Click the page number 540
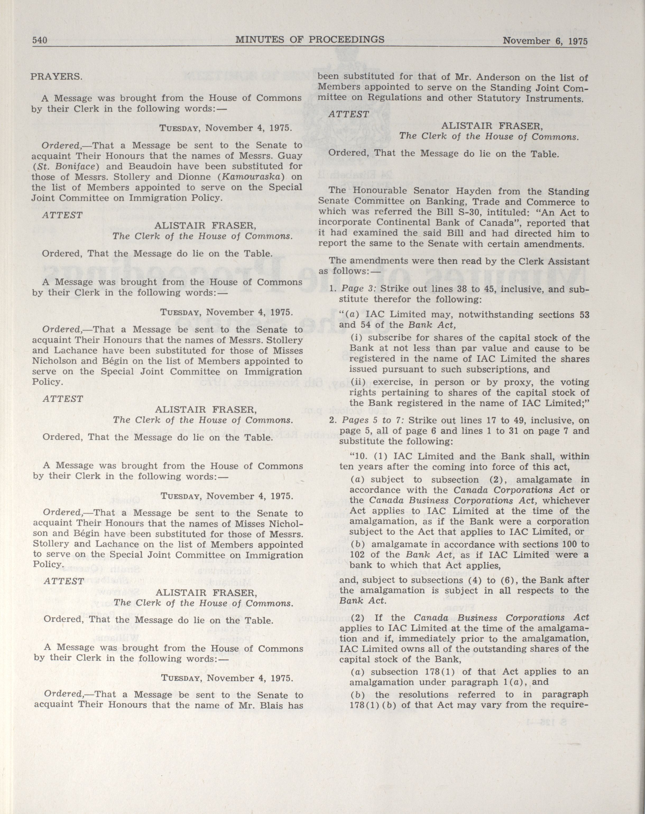pyautogui.click(x=39, y=40)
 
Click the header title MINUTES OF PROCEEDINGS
pyautogui.click(x=310, y=40)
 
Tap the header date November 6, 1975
pyautogui.click(x=545, y=41)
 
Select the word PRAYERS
pyautogui.click(x=56, y=77)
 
